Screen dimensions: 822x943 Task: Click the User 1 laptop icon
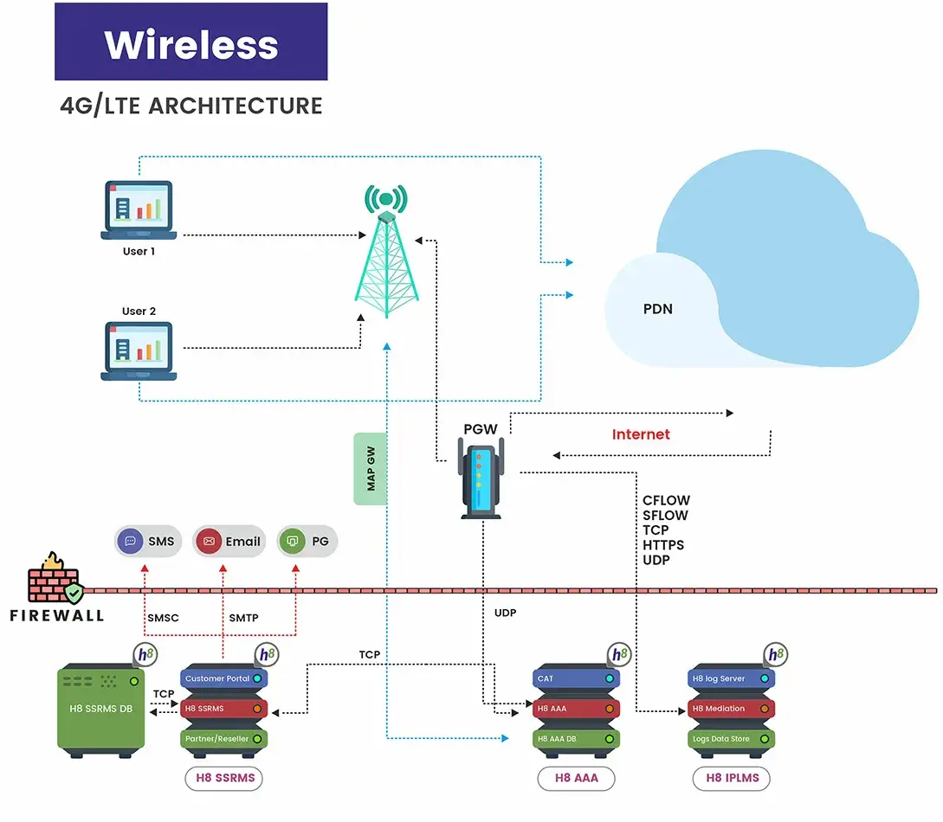[139, 209]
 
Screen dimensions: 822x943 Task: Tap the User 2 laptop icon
[139, 350]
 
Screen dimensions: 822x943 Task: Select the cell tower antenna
[385, 251]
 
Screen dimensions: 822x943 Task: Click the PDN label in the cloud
[658, 309]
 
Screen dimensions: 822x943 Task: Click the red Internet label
[641, 434]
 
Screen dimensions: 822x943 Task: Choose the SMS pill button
[148, 542]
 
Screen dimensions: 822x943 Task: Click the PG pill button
[308, 542]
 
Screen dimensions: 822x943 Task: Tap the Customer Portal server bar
[223, 678]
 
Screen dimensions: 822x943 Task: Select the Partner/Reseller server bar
[223, 739]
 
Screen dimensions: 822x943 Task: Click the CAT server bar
[576, 678]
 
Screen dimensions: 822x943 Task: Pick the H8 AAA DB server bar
[576, 739]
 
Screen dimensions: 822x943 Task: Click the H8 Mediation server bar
[731, 709]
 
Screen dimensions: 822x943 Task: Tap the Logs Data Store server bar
[731, 739]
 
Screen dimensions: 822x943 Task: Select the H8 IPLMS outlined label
[732, 778]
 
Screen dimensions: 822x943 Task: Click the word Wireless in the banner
[191, 44]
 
